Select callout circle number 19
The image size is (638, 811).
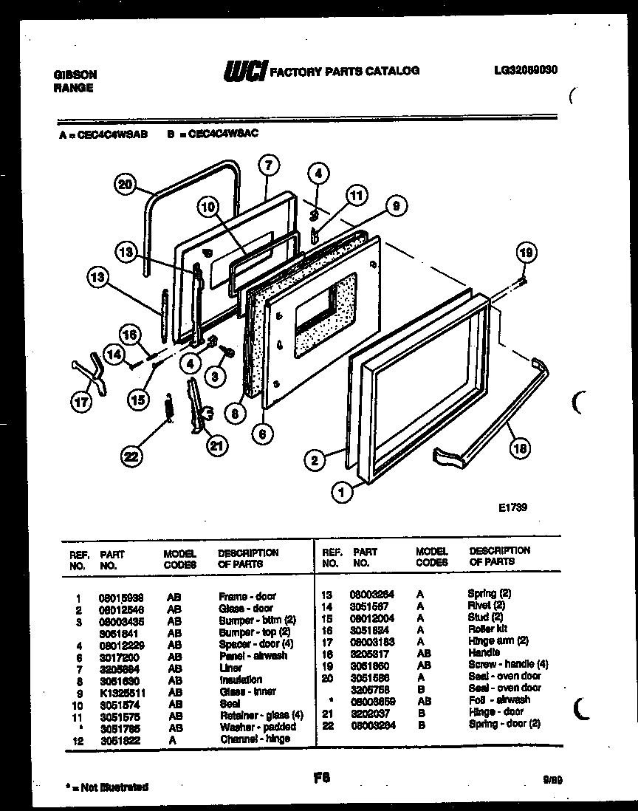(x=524, y=253)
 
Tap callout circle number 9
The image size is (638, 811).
(x=396, y=207)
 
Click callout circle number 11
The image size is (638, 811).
(x=356, y=196)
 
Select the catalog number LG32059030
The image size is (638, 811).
(x=525, y=70)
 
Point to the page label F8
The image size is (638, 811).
(x=320, y=776)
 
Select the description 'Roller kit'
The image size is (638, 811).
(x=487, y=629)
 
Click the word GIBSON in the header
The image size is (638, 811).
(x=75, y=75)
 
